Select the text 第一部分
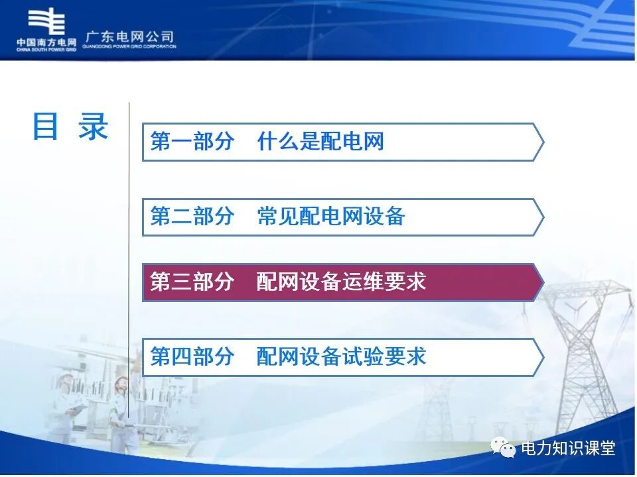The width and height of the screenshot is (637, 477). (x=192, y=141)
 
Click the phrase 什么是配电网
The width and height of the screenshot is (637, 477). (x=320, y=141)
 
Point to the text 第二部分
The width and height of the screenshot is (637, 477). (x=192, y=216)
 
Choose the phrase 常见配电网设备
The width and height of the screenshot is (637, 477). (x=330, y=216)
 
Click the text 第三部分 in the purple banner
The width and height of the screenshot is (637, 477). (x=192, y=282)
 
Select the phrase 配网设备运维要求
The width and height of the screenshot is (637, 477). (x=341, y=282)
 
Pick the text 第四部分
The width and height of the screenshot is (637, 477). (x=192, y=357)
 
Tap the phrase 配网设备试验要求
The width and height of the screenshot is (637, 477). (x=341, y=357)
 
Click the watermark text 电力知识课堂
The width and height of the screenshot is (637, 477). (x=569, y=449)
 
